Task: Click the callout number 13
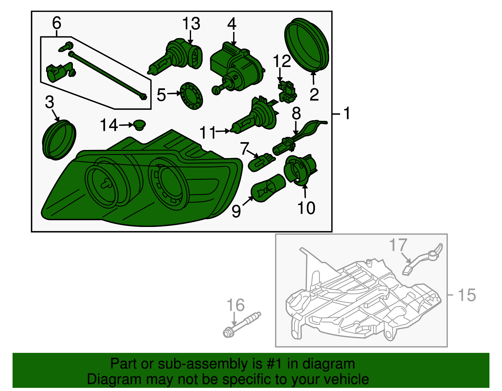click(x=191, y=24)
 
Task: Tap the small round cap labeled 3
click(x=59, y=140)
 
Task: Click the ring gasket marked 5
click(x=192, y=95)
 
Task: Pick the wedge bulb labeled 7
click(x=261, y=162)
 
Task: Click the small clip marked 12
click(x=287, y=91)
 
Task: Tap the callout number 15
click(x=467, y=295)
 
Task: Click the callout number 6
click(x=56, y=23)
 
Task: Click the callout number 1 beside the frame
click(x=346, y=113)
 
